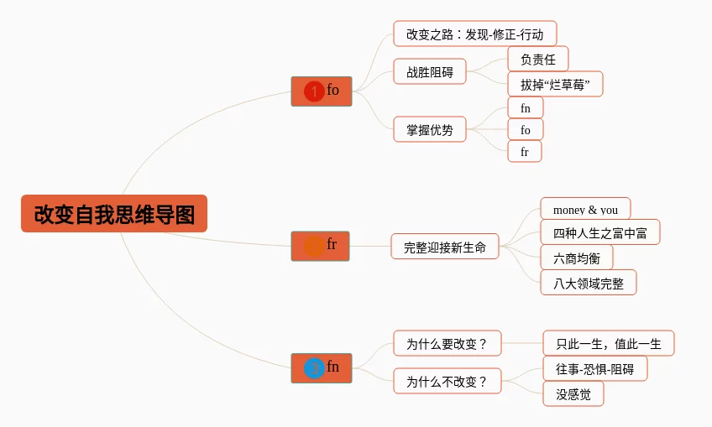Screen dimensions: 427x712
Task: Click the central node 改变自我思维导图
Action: [x=114, y=214]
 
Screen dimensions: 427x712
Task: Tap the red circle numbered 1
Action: [x=314, y=91]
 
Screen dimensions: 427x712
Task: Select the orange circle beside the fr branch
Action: [x=314, y=246]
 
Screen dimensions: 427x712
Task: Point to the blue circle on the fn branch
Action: [x=313, y=368]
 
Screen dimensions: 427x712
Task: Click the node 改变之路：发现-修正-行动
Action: [x=474, y=34]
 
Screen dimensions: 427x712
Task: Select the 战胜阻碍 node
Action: [x=430, y=72]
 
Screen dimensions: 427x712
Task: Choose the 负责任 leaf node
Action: [x=537, y=59]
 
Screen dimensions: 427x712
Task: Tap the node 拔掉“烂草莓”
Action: [x=555, y=84]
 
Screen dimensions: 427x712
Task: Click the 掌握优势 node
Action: [x=430, y=129]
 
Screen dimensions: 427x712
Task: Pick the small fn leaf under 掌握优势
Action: [x=526, y=107]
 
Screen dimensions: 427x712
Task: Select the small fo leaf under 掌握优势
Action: [x=526, y=129]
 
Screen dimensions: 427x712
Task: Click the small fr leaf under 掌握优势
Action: [x=525, y=152]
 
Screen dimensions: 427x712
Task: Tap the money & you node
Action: [x=585, y=210]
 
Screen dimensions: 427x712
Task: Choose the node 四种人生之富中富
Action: [x=599, y=232]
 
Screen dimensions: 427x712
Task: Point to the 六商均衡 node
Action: [x=576, y=258]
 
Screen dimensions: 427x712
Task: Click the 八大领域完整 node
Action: [x=588, y=283]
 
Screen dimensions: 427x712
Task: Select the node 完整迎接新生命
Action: [x=445, y=247]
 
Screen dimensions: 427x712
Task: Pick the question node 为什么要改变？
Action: [x=448, y=343]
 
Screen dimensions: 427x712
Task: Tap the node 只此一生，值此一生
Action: [x=608, y=343]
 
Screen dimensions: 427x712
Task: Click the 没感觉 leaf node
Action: [x=573, y=393]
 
